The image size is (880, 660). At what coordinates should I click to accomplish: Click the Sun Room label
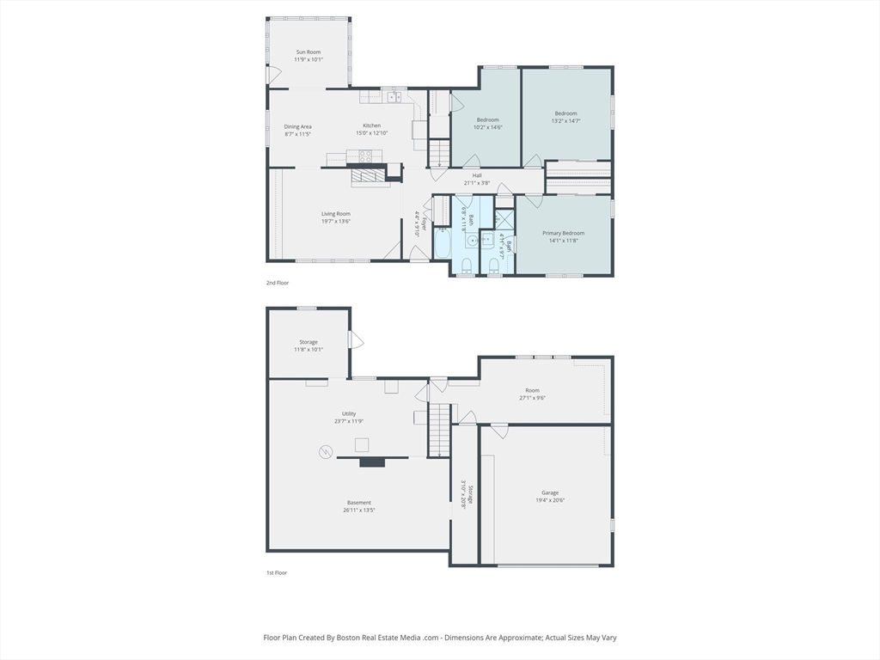point(308,52)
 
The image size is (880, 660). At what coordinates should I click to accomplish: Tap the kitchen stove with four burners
point(366,156)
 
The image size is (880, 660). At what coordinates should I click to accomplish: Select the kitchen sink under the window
point(394,97)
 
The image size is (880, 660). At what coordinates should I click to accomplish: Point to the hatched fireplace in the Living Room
point(369,175)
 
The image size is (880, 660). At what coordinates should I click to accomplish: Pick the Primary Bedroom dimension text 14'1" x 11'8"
point(563,241)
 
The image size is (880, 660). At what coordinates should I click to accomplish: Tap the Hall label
point(477,175)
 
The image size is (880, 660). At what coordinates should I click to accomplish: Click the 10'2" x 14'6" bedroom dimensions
point(488,127)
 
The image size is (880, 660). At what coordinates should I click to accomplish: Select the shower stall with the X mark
point(504,219)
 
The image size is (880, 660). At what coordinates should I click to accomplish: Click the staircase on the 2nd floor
point(439,154)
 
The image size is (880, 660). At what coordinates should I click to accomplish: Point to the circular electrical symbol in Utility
point(326,450)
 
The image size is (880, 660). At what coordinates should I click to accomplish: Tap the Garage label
point(550,492)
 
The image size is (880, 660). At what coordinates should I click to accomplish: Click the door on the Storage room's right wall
point(354,340)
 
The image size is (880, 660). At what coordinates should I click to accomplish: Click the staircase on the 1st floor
point(439,431)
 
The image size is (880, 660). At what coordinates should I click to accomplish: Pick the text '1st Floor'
point(277,572)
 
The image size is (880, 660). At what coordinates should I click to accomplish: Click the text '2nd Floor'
point(277,282)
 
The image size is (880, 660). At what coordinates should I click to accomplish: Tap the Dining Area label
point(298,126)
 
